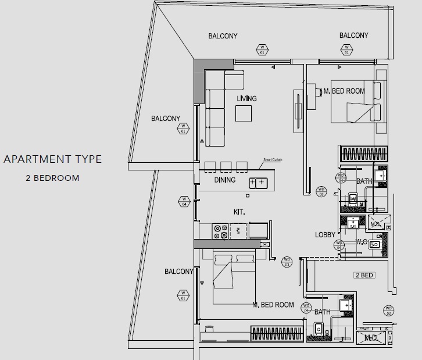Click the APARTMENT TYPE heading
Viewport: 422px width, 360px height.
click(52, 159)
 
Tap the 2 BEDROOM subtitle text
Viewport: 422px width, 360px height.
click(52, 177)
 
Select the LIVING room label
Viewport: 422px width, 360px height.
click(246, 98)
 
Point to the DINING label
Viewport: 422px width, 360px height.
click(225, 180)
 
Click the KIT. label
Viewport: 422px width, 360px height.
click(239, 212)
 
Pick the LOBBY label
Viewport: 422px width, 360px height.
click(325, 234)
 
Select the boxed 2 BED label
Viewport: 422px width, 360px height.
click(364, 275)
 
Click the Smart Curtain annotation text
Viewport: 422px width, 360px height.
click(273, 159)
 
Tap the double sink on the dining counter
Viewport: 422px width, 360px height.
click(257, 183)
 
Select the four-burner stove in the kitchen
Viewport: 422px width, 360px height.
click(221, 231)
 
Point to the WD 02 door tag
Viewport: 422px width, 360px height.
click(388, 311)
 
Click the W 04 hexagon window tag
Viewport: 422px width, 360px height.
click(184, 202)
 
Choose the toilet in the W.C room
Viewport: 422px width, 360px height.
click(375, 245)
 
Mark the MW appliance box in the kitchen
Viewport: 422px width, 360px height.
click(237, 231)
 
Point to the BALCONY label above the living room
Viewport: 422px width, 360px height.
click(223, 36)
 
